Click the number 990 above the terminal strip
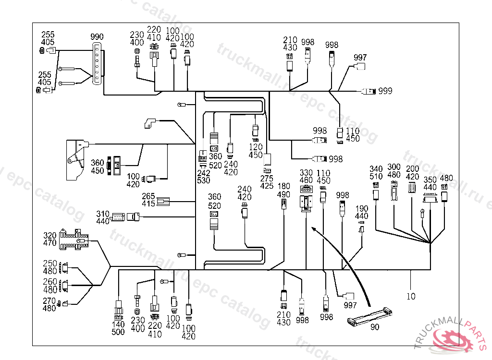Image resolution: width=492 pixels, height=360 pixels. pyautogui.click(x=97, y=37)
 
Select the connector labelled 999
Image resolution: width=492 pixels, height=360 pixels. pyautogui.click(x=369, y=91)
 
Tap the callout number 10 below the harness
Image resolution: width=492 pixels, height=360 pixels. pyautogui.click(x=411, y=296)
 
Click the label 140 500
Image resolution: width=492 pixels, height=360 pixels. pyautogui.click(x=118, y=328)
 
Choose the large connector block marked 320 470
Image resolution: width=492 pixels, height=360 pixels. pyautogui.click(x=74, y=240)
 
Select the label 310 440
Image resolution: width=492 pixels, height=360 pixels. pyautogui.click(x=103, y=217)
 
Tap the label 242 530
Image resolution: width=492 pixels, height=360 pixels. pyautogui.click(x=204, y=176)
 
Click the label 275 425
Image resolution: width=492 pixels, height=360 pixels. pyautogui.click(x=267, y=182)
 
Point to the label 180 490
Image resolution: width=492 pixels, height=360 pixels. pyautogui.click(x=284, y=190)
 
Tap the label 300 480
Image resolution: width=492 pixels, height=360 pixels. pyautogui.click(x=394, y=171)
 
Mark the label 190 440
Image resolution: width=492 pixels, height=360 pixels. pyautogui.click(x=362, y=213)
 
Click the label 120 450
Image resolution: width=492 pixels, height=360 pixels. pyautogui.click(x=256, y=151)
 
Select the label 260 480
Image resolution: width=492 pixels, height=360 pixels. pyautogui.click(x=50, y=286)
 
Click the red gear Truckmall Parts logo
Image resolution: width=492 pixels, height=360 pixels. pyautogui.click(x=452, y=339)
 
